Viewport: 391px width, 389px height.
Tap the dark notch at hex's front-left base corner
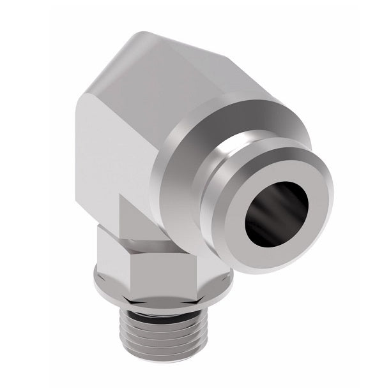[x=119, y=281]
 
